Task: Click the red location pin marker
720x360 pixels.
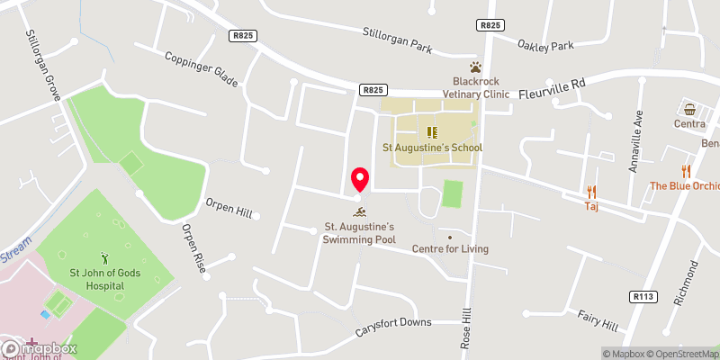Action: tap(359, 179)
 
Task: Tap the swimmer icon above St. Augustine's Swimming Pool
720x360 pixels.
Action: tap(360, 211)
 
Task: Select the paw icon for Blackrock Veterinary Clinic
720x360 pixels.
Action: tap(474, 67)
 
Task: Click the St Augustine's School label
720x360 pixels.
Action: tap(433, 148)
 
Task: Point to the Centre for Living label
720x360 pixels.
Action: tap(449, 248)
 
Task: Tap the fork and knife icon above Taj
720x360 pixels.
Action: tap(591, 191)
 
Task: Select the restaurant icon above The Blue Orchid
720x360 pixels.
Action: tap(687, 171)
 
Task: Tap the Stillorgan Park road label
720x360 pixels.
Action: tap(398, 41)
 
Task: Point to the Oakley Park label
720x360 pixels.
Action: tap(545, 44)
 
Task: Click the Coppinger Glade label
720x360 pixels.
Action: tap(202, 69)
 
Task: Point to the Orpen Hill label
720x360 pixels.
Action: tap(231, 209)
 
